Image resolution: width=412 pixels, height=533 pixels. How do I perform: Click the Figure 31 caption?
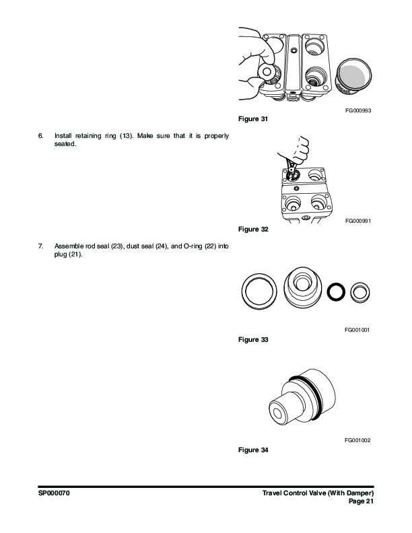point(253,119)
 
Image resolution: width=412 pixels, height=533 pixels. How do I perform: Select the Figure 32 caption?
point(253,229)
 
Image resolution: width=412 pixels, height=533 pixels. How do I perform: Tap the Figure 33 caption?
point(253,340)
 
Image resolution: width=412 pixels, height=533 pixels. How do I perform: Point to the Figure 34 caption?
point(253,450)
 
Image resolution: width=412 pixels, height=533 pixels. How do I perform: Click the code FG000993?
point(358,110)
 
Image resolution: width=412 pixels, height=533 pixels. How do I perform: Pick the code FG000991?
point(358,221)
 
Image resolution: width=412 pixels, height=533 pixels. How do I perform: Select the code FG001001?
point(357,330)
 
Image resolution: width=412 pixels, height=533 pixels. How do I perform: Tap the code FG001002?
point(357,440)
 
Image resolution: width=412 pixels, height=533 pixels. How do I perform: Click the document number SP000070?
point(54,493)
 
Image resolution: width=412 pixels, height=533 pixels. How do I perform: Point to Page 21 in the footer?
point(361,501)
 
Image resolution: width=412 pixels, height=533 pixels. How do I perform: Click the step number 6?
point(41,136)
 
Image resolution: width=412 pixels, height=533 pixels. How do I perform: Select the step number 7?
point(41,246)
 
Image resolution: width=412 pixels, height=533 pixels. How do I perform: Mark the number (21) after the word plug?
point(75,254)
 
